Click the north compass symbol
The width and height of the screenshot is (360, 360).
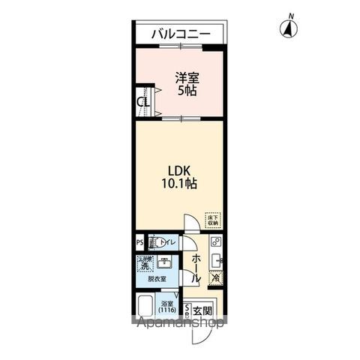pyautogui.click(x=287, y=29)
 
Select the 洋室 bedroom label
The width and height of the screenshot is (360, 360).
pyautogui.click(x=187, y=77)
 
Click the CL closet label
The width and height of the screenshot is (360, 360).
pyautogui.click(x=141, y=103)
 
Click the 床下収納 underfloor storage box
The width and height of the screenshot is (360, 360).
pyautogui.click(x=213, y=220)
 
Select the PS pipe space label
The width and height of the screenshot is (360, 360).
pyautogui.click(x=139, y=243)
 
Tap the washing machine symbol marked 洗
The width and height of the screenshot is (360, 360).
pyautogui.click(x=142, y=265)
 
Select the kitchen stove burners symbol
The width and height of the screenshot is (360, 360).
pyautogui.click(x=215, y=242)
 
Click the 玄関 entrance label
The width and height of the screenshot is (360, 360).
pyautogui.click(x=202, y=310)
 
